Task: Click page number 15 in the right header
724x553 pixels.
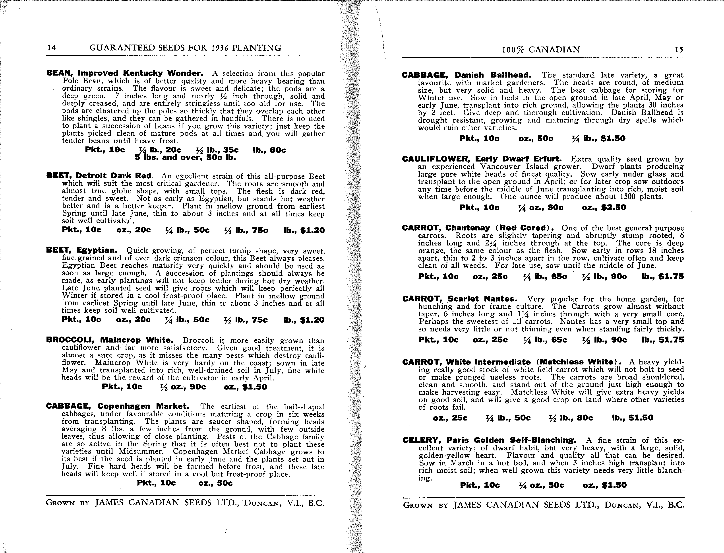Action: click(679, 50)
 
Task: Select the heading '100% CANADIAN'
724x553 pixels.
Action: click(541, 50)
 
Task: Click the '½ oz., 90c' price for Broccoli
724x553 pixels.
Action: click(183, 387)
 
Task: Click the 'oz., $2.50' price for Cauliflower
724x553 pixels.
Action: click(604, 208)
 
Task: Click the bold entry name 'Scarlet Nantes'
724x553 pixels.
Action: click(482, 299)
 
